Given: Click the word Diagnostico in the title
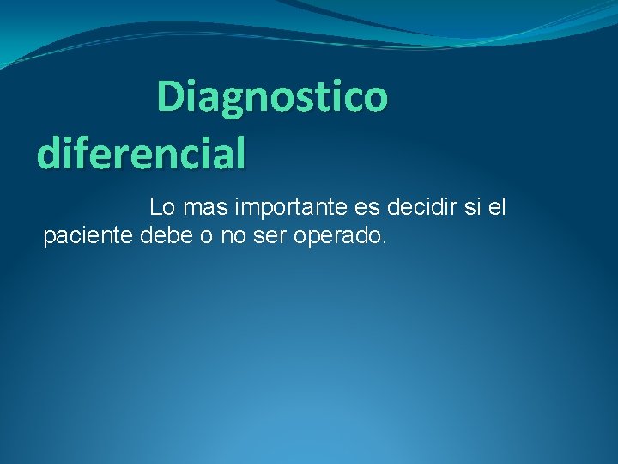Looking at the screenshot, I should (x=272, y=96).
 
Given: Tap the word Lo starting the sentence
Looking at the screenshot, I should (x=161, y=207).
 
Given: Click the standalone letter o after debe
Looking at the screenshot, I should (x=206, y=236).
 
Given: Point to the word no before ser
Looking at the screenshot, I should (x=233, y=236).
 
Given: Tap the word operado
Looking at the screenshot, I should (x=338, y=236).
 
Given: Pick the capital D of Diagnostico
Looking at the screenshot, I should (x=171, y=96).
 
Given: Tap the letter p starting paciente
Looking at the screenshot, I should (x=49, y=238).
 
